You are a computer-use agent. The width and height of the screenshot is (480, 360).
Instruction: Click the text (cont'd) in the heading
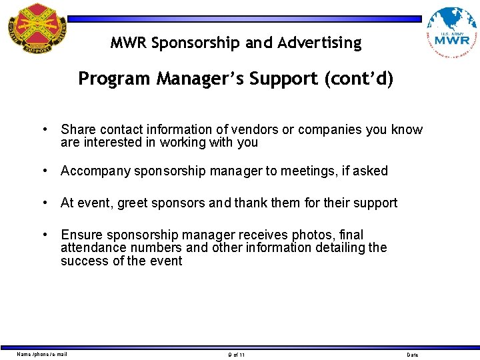359,79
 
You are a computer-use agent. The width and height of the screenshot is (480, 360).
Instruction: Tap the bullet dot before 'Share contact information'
43,129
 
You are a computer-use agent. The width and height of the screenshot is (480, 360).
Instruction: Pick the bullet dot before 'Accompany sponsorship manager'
43,171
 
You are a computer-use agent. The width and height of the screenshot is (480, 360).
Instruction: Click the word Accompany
95,171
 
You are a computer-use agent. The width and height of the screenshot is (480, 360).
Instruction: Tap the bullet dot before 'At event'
43,203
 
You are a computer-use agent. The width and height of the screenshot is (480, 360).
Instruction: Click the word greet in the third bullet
133,203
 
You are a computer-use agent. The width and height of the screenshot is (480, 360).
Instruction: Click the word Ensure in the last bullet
81,235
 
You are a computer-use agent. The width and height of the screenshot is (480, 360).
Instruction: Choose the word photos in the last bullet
317,235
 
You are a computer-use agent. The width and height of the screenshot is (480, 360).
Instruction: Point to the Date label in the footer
413,355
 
